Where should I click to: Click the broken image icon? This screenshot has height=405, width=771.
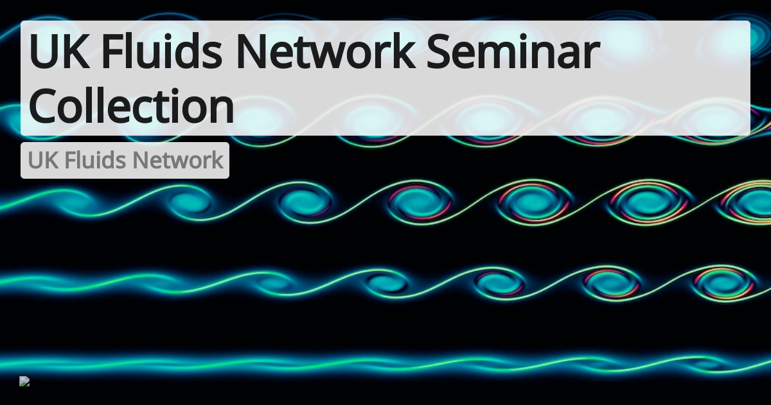[x=24, y=381]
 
